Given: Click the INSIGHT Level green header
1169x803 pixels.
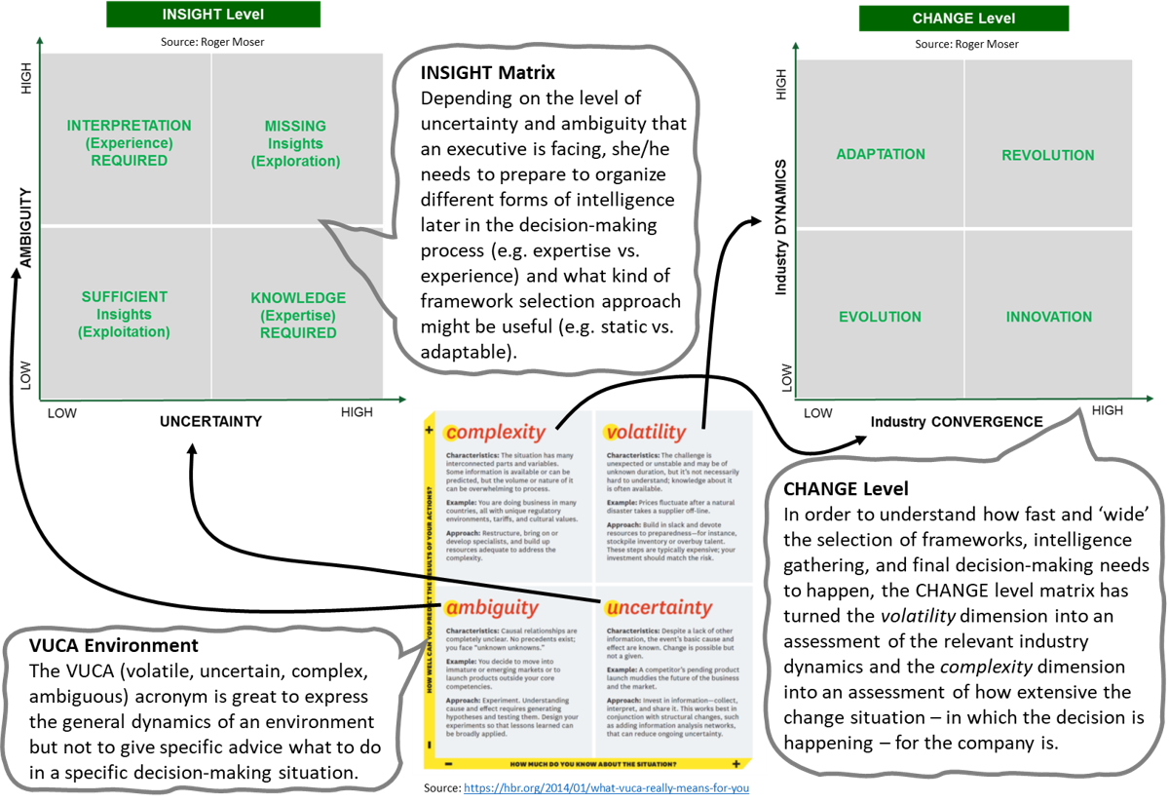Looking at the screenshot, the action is (212, 15).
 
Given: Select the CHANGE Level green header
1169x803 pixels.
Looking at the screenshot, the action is (962, 19).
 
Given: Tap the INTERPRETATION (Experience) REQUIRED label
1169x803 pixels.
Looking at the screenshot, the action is (129, 143).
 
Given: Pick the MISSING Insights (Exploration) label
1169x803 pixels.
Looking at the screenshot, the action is (295, 143).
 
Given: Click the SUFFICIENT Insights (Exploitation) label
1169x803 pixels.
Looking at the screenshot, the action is (124, 314).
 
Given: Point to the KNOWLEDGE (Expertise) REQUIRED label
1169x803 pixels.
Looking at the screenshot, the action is (298, 315).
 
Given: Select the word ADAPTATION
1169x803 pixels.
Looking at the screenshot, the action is (881, 154).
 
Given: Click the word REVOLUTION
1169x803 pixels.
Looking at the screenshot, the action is (1047, 155).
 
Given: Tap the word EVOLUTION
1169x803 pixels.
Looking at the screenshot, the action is (880, 317).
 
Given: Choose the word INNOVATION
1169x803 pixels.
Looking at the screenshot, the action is (1048, 317).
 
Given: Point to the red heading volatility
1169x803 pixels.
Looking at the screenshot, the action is (645, 432).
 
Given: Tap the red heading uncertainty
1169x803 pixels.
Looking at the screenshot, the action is (658, 608).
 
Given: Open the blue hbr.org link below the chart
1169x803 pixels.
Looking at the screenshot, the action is (606, 787).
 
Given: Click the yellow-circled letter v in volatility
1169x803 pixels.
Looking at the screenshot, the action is (612, 432).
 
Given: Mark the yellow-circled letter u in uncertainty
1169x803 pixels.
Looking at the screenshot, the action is (613, 608).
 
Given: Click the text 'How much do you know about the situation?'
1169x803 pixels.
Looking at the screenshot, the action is (590, 763).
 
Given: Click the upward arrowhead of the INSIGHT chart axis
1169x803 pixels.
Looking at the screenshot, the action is (39, 41).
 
